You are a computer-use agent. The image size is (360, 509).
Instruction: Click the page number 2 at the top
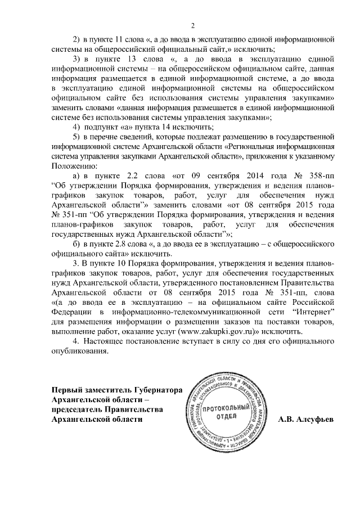192,25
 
